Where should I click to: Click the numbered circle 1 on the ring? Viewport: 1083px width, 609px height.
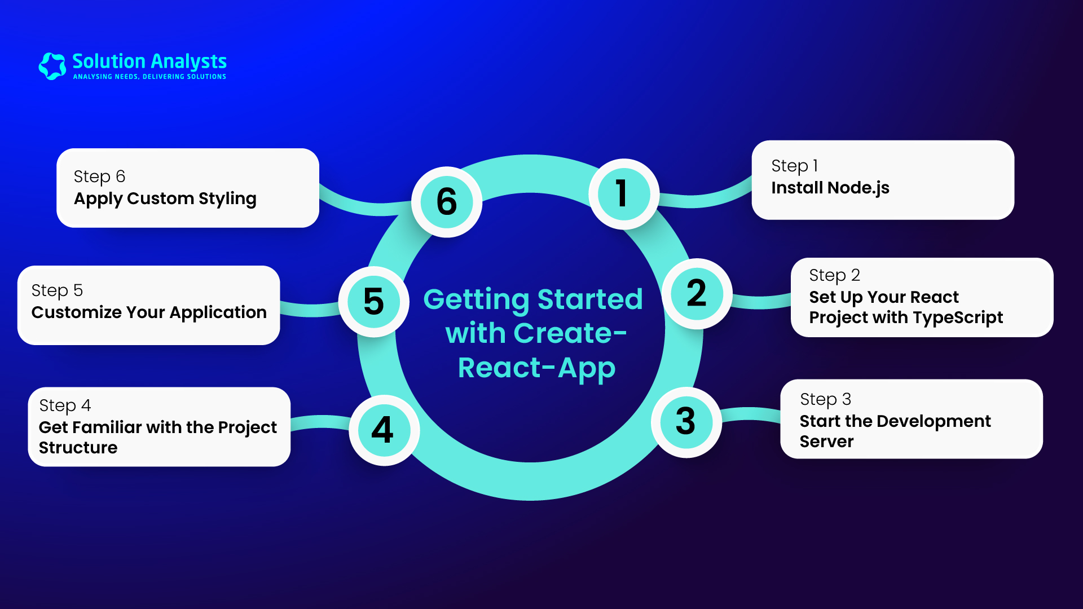623,194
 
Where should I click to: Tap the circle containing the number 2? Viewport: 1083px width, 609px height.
697,294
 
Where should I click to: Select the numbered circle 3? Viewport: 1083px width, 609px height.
686,422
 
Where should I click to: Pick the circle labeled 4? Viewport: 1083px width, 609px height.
384,430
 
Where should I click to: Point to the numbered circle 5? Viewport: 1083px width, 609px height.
374,302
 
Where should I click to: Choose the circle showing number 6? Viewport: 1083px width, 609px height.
447,202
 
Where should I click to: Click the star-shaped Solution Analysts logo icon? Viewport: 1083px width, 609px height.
52,66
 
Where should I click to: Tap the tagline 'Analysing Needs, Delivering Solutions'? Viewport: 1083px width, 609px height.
149,77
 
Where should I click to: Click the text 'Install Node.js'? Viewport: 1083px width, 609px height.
830,188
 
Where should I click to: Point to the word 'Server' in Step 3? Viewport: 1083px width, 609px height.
826,442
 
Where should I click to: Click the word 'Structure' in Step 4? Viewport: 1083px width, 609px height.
78,448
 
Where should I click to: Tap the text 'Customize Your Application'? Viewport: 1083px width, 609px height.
149,312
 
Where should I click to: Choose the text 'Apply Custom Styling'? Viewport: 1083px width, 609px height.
165,199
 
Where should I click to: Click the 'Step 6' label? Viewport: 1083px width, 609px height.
99,177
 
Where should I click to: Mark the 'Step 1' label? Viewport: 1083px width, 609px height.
794,166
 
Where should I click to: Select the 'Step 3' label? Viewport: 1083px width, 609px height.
825,400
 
